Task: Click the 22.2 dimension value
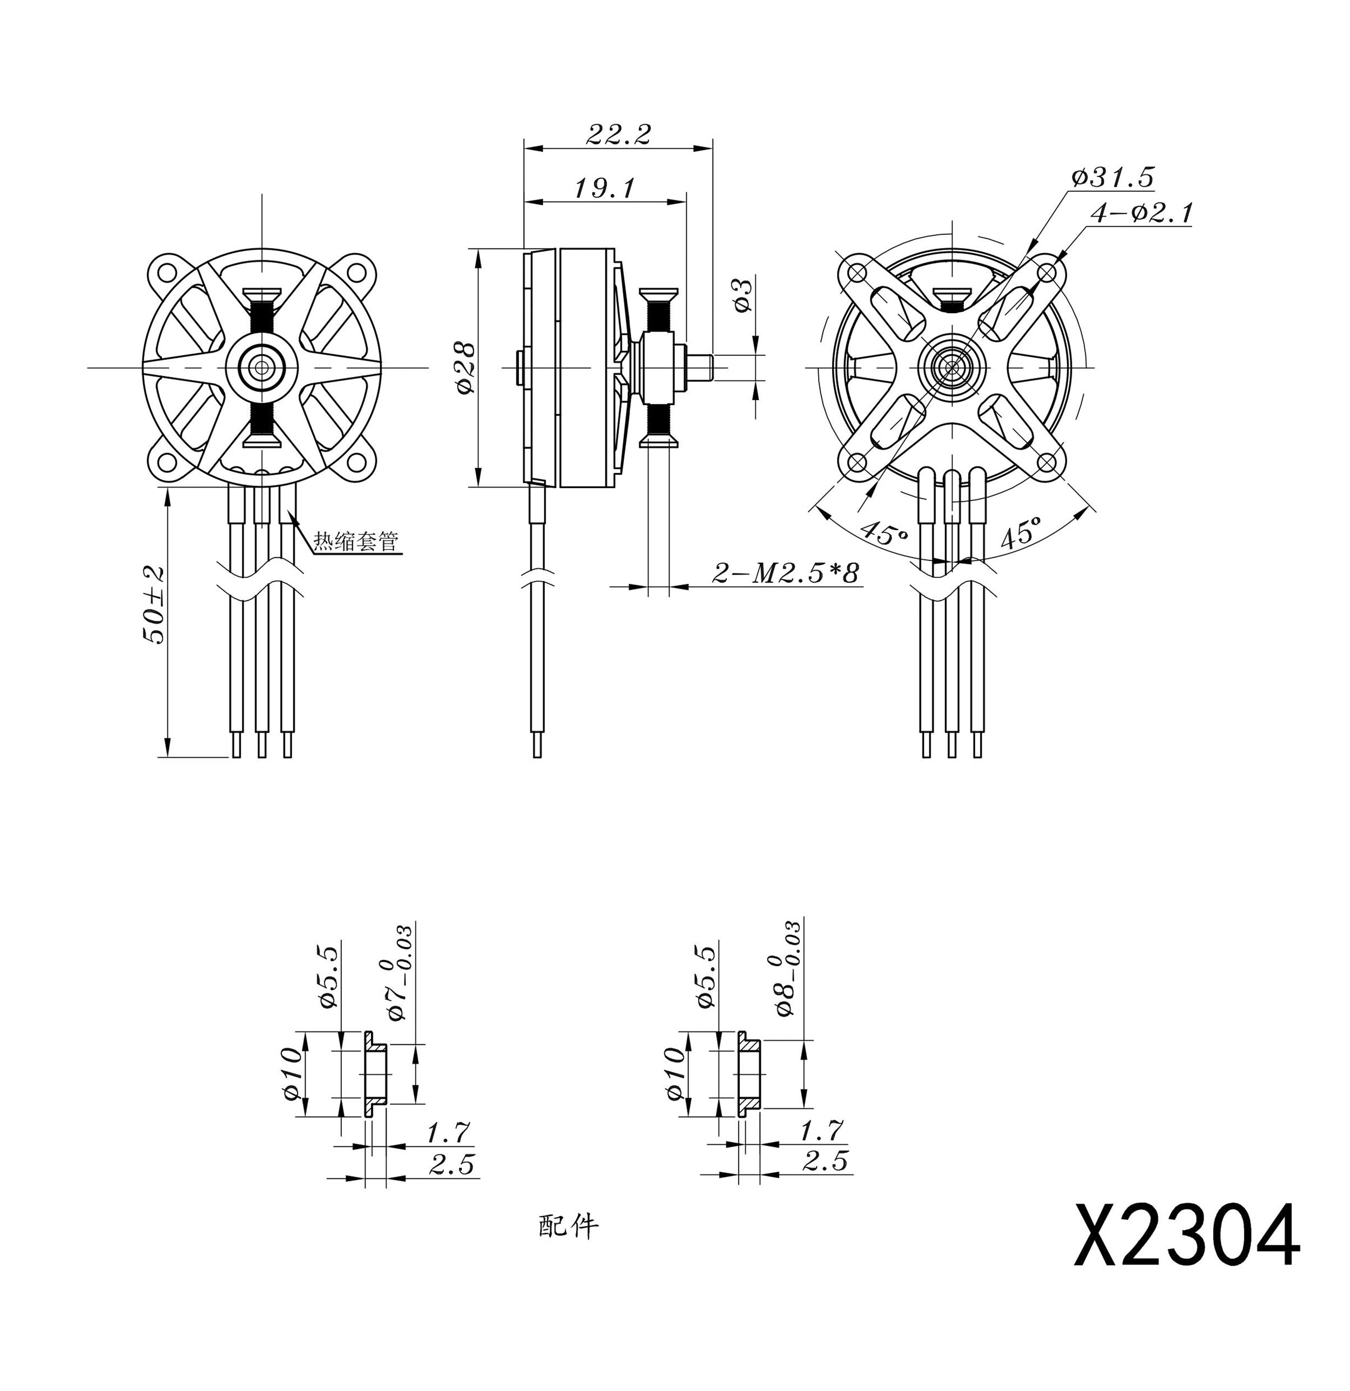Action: click(618, 134)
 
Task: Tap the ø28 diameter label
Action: click(465, 368)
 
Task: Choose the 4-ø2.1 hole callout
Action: click(1142, 212)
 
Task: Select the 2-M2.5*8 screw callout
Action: click(786, 573)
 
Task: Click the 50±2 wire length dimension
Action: click(154, 605)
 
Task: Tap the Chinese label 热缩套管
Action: click(356, 542)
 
